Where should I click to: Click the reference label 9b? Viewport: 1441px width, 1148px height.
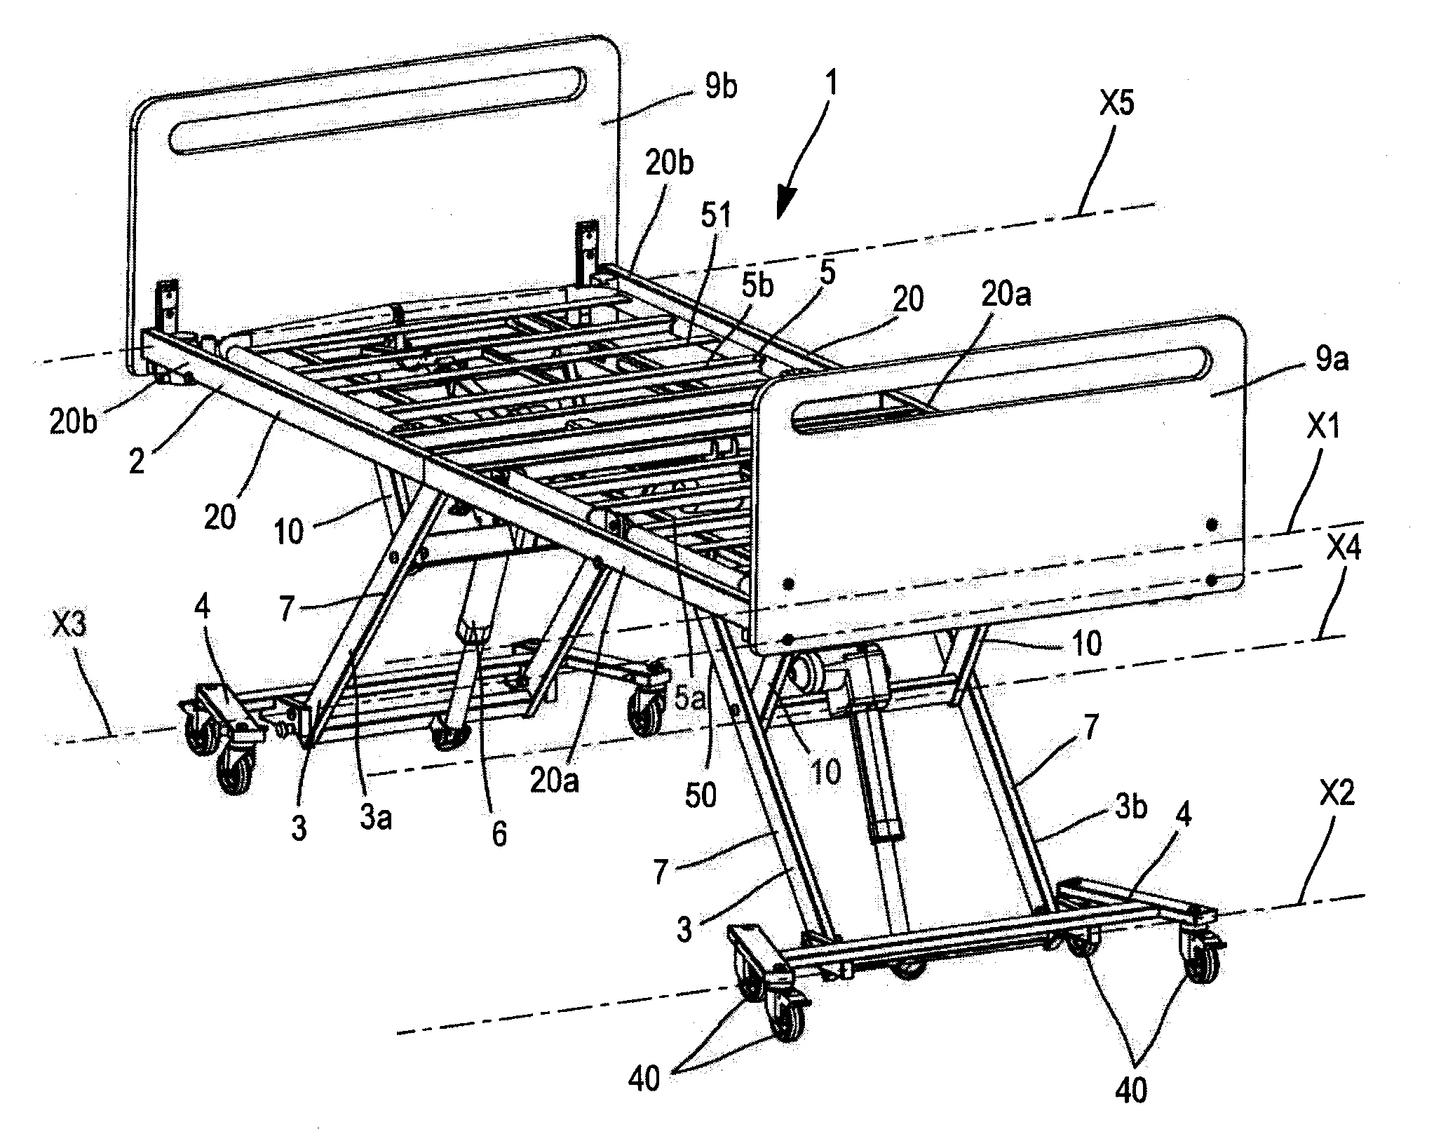click(719, 89)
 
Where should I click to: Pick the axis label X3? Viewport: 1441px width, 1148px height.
click(71, 625)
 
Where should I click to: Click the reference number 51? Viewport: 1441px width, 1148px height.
click(713, 214)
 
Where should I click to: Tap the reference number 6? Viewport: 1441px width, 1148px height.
click(499, 835)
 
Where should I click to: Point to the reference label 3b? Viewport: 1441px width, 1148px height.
click(1130, 807)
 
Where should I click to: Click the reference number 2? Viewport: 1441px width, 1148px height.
click(137, 462)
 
